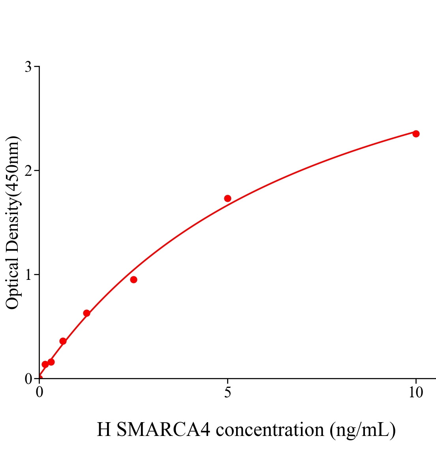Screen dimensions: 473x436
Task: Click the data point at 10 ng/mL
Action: [416, 134]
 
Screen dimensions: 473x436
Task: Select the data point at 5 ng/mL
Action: [227, 198]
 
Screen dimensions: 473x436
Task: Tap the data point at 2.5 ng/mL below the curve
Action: [133, 279]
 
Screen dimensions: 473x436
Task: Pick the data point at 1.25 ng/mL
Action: [86, 313]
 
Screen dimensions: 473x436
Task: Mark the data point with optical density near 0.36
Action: [63, 341]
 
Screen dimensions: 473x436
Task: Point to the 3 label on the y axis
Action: [28, 67]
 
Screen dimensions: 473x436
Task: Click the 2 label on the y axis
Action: [28, 171]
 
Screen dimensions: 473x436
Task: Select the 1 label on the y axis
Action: [28, 275]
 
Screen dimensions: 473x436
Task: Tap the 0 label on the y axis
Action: [28, 379]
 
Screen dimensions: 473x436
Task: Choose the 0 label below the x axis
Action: [39, 393]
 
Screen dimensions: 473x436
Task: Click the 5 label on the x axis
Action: [227, 393]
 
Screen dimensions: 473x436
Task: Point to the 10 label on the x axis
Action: [415, 393]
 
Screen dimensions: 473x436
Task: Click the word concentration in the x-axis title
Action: [270, 430]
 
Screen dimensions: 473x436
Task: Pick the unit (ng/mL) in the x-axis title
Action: [363, 430]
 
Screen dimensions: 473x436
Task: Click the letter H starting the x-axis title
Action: [104, 430]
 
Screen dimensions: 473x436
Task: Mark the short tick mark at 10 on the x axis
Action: [415, 381]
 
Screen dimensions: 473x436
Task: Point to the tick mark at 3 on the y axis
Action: [37, 67]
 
